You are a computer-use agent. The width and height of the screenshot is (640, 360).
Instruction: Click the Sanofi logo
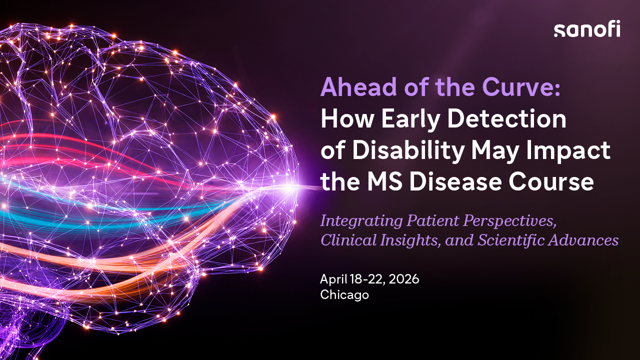pos(587,28)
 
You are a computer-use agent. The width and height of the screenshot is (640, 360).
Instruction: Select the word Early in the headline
pos(410,119)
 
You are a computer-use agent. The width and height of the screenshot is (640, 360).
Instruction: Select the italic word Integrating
pos(361,221)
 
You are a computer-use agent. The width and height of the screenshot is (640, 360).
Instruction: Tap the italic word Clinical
pos(348,240)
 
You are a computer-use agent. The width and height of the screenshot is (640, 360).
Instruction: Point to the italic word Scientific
pos(511,240)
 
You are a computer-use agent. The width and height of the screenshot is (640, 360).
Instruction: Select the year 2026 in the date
pos(403,279)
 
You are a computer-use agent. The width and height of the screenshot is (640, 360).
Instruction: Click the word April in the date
pos(333,279)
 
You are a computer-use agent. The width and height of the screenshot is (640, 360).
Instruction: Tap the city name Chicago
pos(344,295)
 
